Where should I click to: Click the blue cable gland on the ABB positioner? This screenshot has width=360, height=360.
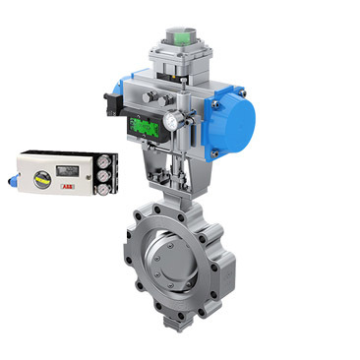tap(11, 180)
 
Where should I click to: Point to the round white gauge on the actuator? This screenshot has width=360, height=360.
tap(172, 120)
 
